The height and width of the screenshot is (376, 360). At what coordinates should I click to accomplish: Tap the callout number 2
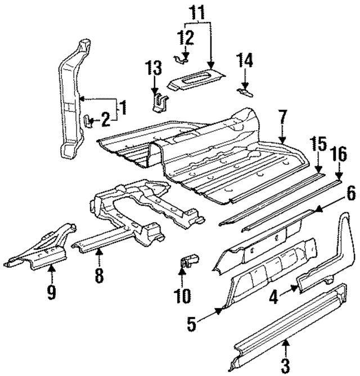coord(106,117)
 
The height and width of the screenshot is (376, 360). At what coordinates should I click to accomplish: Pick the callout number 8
coord(99,275)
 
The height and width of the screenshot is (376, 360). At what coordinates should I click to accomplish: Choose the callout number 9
coord(51,292)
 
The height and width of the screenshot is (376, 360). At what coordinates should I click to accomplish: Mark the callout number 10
coord(183,295)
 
